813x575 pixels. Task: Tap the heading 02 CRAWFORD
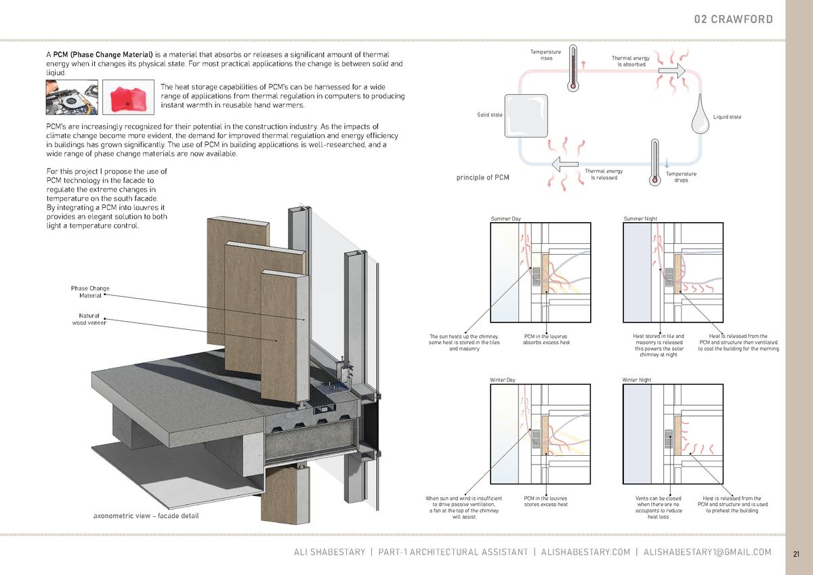(733, 19)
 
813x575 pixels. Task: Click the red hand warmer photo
(125, 98)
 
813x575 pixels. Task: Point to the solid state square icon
(524, 115)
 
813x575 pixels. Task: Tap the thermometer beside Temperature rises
(572, 68)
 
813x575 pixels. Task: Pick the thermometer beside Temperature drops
(654, 163)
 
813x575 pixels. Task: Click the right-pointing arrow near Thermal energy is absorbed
(671, 70)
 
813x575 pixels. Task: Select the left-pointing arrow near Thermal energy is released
(564, 164)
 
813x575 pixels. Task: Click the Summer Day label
(505, 219)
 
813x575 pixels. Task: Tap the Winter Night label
(637, 380)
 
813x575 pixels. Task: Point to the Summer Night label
(640, 219)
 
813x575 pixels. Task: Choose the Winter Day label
(503, 380)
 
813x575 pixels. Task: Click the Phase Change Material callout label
(90, 292)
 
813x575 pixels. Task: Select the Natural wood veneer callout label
(89, 319)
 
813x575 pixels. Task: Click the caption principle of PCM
(483, 178)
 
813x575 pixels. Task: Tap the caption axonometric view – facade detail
(146, 517)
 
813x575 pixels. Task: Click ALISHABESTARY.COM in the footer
(585, 553)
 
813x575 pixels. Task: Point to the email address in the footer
(707, 553)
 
